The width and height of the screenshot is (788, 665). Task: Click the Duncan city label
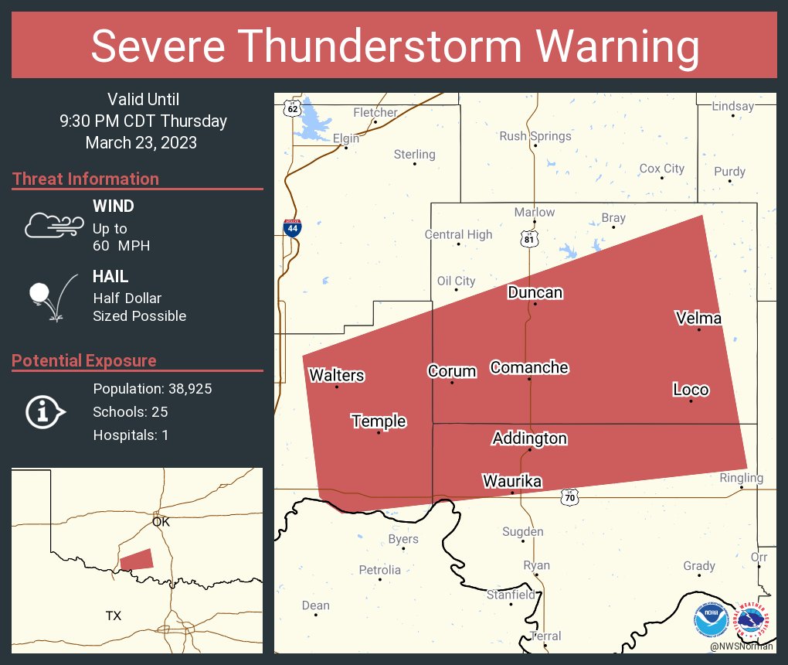(535, 292)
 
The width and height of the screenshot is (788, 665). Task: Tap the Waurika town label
(511, 482)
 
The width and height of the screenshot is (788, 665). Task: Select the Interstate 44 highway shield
(291, 227)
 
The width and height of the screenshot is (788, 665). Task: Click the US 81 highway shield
(528, 239)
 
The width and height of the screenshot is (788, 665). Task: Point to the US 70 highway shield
(569, 499)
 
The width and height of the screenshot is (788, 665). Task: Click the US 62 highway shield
(291, 108)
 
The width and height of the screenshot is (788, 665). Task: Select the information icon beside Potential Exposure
(46, 411)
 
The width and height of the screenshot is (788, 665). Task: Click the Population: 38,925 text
(152, 388)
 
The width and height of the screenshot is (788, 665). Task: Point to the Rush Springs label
(535, 136)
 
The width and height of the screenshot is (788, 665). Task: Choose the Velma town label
(698, 318)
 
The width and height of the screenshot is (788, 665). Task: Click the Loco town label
(690, 390)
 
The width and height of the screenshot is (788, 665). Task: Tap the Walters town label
(337, 376)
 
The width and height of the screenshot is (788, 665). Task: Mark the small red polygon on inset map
(137, 559)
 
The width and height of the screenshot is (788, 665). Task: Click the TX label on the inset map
(114, 616)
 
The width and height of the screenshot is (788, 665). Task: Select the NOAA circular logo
(711, 619)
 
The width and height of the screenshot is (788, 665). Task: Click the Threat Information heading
(86, 179)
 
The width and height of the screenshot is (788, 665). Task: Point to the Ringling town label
(740, 478)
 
